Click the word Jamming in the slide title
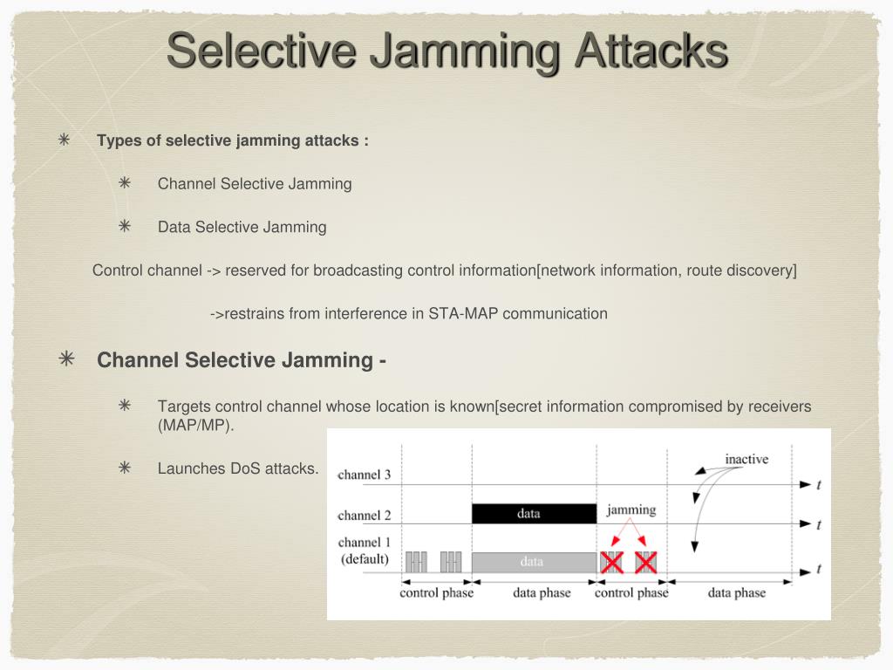(463, 50)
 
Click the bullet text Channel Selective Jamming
(255, 183)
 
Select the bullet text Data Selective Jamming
(242, 227)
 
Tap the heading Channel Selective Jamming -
(242, 360)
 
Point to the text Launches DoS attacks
(238, 468)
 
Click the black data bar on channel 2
(534, 514)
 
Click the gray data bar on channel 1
(534, 563)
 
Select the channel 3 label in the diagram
(364, 475)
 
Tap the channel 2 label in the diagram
(364, 516)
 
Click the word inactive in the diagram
(746, 459)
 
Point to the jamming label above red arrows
(631, 509)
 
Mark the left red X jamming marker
(612, 563)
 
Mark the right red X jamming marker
(645, 563)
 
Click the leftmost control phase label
(436, 593)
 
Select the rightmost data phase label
(736, 593)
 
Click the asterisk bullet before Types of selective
(65, 140)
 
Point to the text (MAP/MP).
(196, 426)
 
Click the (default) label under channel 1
(365, 559)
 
